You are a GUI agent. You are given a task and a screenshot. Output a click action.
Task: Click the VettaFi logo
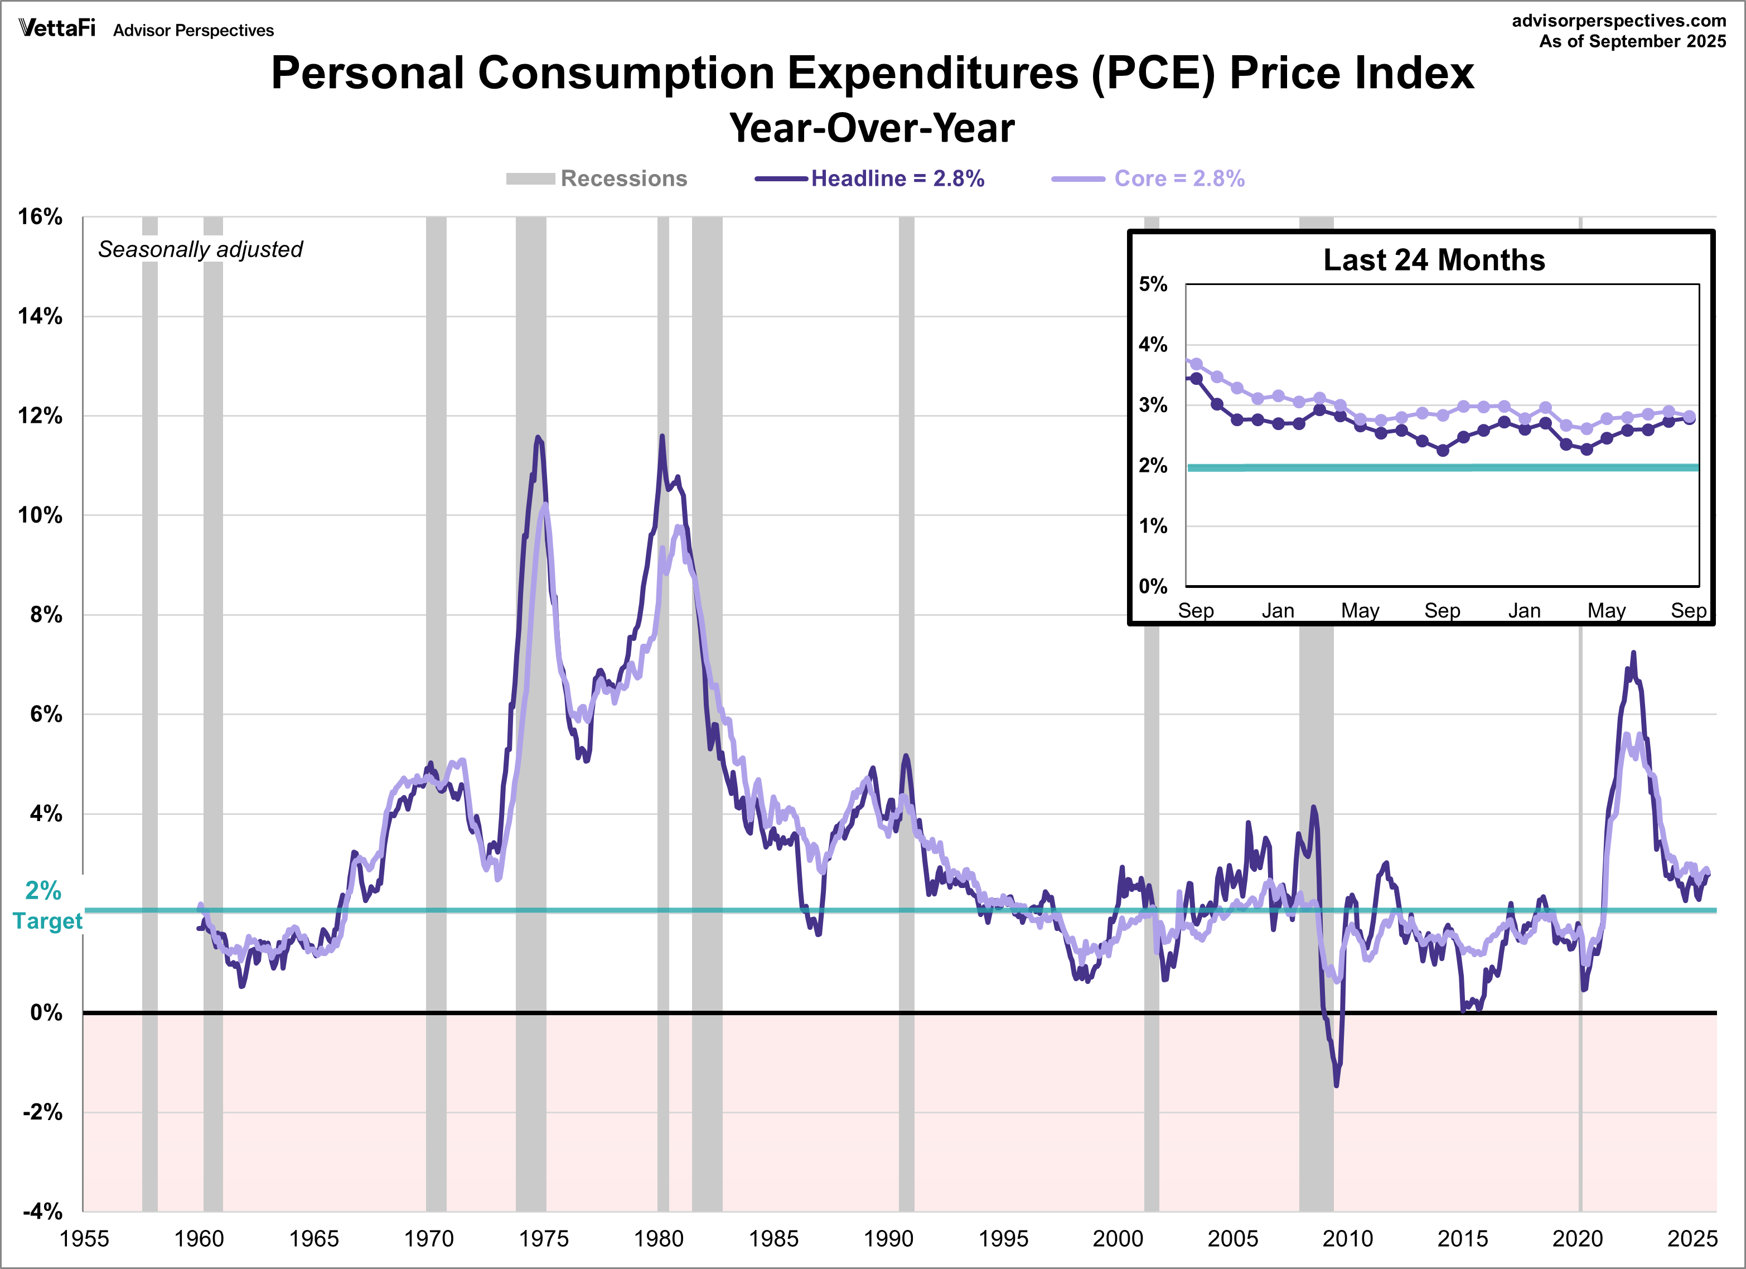[x=57, y=28]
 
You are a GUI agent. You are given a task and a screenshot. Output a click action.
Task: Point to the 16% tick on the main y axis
[x=40, y=217]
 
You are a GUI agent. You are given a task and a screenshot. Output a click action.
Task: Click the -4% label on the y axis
[x=42, y=1211]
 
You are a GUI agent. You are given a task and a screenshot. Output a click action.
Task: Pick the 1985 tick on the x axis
[x=773, y=1239]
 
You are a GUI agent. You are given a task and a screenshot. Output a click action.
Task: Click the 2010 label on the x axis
[x=1347, y=1239]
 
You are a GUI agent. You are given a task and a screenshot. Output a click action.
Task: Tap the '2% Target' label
[x=46, y=905]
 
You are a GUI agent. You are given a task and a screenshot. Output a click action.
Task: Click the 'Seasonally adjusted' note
[x=200, y=249]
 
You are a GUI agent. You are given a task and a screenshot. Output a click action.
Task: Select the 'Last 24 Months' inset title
[x=1434, y=260]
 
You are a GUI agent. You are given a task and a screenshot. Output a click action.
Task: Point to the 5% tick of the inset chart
[x=1153, y=284]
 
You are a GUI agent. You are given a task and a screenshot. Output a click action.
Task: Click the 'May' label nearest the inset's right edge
[x=1606, y=611]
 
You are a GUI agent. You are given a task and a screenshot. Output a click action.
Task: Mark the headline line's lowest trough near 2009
[x=1336, y=1085]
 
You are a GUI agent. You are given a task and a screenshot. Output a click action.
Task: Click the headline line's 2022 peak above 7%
[x=1633, y=653]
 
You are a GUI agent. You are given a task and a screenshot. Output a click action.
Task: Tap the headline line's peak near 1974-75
[x=538, y=437]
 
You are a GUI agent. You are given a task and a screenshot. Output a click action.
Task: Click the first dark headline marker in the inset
[x=1196, y=379]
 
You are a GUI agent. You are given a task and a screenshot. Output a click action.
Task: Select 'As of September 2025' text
[x=1632, y=42]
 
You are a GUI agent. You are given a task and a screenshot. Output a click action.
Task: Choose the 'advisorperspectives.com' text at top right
[x=1618, y=21]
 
